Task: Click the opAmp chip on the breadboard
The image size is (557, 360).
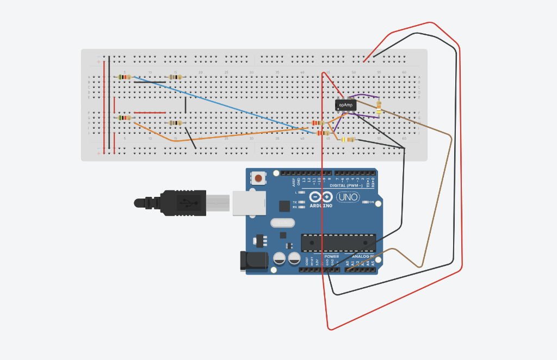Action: tap(346, 104)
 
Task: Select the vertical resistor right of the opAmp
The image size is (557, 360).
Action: tap(379, 108)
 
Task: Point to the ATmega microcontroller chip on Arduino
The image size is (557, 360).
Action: tap(338, 242)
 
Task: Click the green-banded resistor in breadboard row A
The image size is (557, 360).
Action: tap(125, 77)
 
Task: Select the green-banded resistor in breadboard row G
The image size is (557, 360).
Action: tap(125, 118)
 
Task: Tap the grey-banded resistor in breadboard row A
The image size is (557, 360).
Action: tap(175, 77)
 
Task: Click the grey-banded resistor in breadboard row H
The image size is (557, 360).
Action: tap(175, 123)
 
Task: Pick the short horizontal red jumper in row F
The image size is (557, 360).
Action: tap(150, 113)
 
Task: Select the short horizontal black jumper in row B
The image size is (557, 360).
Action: tap(150, 83)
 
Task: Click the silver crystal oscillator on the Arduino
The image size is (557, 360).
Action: tap(282, 222)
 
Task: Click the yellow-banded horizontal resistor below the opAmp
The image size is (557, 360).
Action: tap(348, 139)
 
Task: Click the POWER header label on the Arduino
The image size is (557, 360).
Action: tap(331, 256)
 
